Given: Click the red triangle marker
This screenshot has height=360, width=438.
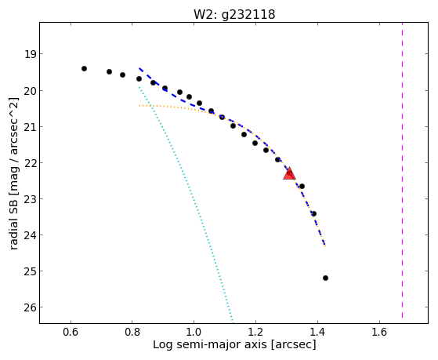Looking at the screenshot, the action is click(x=289, y=173).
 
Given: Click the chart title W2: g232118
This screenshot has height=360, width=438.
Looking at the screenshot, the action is click(x=234, y=15).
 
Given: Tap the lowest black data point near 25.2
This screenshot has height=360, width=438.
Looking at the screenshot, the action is click(x=325, y=278).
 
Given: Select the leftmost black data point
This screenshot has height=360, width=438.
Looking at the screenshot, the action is click(x=84, y=68).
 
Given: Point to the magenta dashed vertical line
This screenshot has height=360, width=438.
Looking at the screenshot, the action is click(x=402, y=170).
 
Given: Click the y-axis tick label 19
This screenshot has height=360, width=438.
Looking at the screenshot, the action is click(x=30, y=54).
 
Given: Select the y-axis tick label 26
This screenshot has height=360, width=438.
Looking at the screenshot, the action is click(x=30, y=307).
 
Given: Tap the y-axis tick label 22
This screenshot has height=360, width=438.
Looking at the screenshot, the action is click(x=30, y=163).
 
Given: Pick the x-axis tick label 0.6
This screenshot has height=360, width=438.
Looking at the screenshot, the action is click(x=71, y=332).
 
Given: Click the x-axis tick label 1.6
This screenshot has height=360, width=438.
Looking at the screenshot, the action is click(x=379, y=332).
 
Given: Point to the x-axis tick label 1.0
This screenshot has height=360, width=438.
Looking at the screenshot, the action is click(x=194, y=332).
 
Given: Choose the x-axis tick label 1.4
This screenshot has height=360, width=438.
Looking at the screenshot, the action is click(x=317, y=332).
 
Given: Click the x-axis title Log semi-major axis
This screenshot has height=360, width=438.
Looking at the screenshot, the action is click(x=209, y=344).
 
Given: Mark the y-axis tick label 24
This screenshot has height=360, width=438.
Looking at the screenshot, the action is click(x=30, y=235).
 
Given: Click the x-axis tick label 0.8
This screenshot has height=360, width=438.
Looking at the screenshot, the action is click(x=132, y=332).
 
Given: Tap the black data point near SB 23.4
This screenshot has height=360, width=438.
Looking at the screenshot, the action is click(x=313, y=213).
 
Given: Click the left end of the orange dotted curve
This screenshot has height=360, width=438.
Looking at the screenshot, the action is click(x=139, y=105).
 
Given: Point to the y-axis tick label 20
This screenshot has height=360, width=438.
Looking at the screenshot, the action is click(x=30, y=91).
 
